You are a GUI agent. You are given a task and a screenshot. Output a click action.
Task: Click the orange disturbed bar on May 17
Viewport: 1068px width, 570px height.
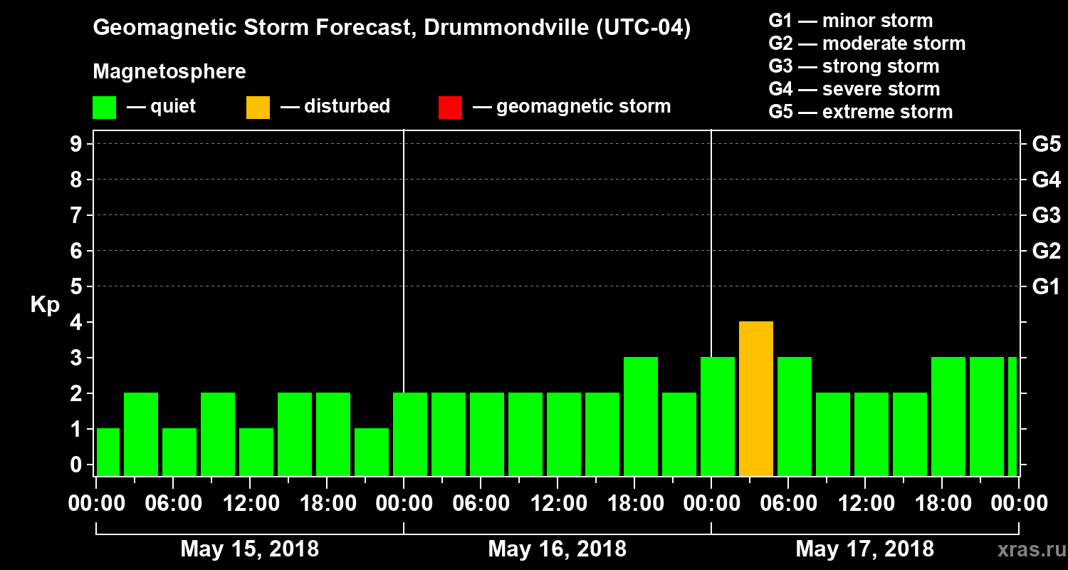(756, 399)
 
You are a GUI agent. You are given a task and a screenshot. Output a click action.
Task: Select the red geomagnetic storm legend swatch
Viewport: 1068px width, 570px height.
(450, 107)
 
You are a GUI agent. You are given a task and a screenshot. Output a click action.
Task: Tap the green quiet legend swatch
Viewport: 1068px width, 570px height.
(104, 107)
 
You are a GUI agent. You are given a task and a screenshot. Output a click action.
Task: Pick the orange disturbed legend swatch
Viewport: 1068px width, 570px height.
(258, 107)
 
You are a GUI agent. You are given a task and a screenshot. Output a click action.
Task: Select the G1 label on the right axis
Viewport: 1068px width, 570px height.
(1045, 287)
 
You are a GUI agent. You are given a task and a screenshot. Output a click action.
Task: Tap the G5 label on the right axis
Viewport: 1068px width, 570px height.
(1045, 145)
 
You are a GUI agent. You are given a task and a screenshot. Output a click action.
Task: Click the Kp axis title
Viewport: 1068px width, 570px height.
(45, 305)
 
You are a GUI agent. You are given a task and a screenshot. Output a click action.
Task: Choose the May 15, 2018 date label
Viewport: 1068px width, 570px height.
(250, 549)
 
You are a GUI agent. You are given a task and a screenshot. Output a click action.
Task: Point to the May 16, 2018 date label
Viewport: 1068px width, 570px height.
(557, 549)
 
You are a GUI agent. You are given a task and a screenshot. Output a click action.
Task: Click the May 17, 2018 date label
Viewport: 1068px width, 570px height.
(864, 549)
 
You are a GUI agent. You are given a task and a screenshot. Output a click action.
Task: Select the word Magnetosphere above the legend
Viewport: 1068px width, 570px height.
(169, 72)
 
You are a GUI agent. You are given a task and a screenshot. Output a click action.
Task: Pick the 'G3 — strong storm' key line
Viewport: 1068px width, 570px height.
(854, 66)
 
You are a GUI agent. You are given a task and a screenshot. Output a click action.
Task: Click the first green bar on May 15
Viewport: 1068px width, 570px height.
(108, 452)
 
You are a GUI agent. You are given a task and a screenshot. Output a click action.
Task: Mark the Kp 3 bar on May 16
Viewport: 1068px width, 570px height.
(641, 416)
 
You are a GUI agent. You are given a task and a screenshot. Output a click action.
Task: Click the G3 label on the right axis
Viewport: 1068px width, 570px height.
(1045, 216)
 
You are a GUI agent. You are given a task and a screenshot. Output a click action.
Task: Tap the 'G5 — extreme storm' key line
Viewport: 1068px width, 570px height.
(860, 112)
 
